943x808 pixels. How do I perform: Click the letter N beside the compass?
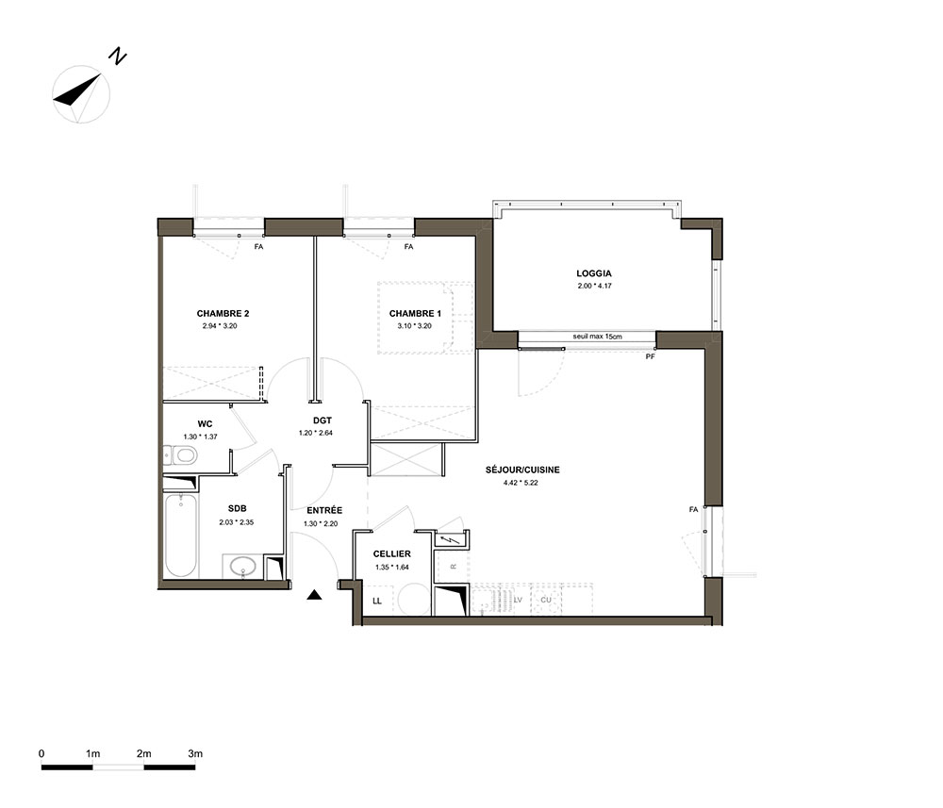[117, 58]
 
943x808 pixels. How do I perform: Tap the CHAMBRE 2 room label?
[223, 313]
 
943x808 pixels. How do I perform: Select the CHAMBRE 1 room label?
[415, 313]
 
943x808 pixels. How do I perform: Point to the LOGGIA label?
[593, 273]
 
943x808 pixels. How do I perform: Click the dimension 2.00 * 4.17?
[594, 287]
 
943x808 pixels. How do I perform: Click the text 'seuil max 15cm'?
[597, 337]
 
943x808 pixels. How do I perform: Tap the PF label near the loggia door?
[650, 356]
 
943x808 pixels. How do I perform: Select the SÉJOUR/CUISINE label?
[522, 470]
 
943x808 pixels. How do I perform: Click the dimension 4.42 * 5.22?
[521, 482]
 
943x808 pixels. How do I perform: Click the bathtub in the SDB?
[180, 536]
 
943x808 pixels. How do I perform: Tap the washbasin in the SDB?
[242, 566]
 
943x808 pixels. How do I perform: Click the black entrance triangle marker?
[315, 595]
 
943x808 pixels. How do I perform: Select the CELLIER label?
[392, 553]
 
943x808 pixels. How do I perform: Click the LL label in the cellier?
[377, 601]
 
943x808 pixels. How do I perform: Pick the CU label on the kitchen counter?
[545, 600]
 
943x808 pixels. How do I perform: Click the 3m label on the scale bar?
[195, 754]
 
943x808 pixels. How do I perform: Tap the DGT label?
[323, 420]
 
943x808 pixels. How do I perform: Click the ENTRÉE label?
[324, 510]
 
